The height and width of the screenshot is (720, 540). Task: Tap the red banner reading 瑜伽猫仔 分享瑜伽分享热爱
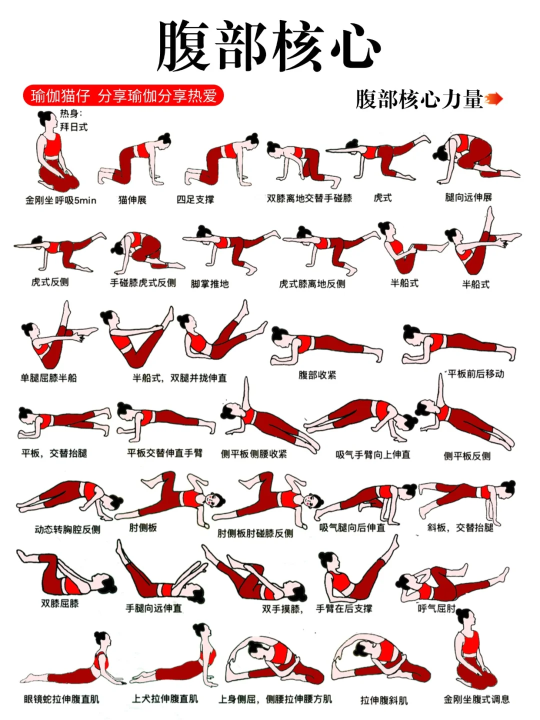pos(123,95)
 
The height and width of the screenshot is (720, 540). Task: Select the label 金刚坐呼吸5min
pos(60,200)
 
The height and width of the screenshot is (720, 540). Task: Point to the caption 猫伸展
pos(132,200)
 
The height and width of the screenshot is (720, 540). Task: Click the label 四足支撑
pos(195,199)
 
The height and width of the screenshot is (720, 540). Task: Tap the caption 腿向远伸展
pos(468,197)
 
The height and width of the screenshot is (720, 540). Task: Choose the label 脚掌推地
pos(209,284)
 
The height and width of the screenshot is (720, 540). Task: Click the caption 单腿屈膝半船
pos(48,378)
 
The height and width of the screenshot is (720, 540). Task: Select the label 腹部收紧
pos(317,375)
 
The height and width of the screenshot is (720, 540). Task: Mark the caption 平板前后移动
pos(475,373)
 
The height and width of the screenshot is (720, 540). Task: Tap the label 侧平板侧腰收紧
pos(254,454)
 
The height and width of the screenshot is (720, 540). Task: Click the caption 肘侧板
pos(143,527)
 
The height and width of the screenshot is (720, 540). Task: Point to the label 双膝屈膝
pos(60,603)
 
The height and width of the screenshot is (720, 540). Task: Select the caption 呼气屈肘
pos(436,608)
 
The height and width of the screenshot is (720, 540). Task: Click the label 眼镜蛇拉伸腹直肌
pos(61,699)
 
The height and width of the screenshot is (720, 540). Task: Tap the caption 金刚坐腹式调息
pos(476,699)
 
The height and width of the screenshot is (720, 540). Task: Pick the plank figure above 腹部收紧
pos(325,345)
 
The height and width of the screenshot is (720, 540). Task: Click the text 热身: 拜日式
pos(73,120)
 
